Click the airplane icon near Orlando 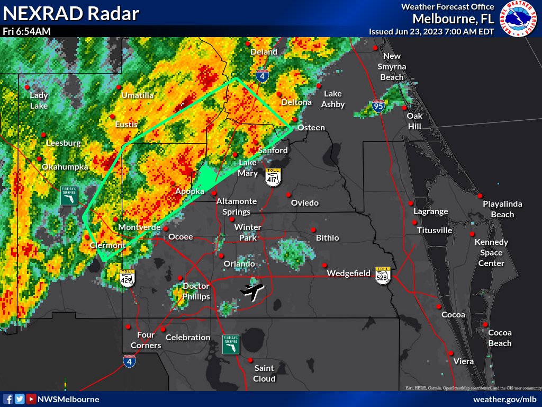[253, 291]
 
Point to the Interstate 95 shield [377, 106]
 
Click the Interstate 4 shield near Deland [261, 76]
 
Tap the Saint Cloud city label [264, 373]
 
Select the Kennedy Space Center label [491, 252]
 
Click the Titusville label [435, 231]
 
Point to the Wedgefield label [348, 273]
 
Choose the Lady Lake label [39, 100]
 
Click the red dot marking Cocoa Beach [485, 324]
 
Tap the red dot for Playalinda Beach [480, 196]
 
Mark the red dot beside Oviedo [288, 193]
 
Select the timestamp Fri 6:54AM [26, 31]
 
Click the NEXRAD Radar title [71, 13]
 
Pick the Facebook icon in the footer [8, 399]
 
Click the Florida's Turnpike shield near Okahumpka [69, 195]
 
